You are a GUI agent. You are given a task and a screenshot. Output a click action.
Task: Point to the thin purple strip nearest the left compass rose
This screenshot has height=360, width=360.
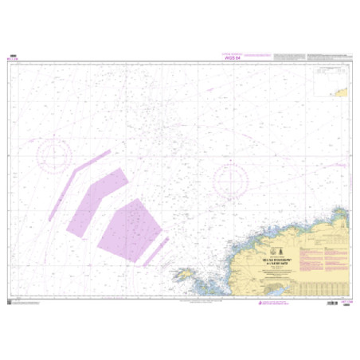(x=61, y=191)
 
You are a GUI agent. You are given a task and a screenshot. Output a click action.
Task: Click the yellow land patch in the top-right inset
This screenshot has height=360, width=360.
(x=343, y=91)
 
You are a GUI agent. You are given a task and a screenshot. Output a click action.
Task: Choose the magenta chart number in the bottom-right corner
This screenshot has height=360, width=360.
(x=347, y=303)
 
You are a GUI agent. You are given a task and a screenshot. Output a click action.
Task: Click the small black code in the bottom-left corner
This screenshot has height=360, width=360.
(x=10, y=303)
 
